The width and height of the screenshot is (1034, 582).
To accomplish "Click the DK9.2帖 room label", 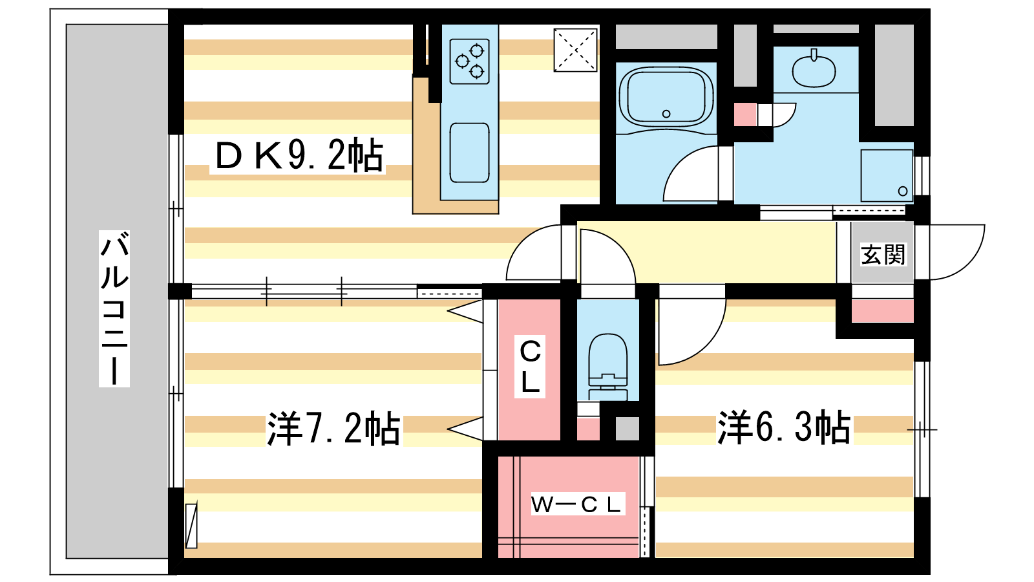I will point(298,156).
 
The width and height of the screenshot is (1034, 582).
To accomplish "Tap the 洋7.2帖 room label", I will point(333,428).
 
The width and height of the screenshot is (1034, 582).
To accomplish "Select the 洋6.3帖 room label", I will point(784,427).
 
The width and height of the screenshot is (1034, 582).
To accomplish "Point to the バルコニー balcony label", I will point(114,308).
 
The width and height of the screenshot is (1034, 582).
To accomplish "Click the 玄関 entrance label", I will point(883,254).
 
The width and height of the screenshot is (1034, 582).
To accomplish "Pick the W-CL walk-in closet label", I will point(576,504).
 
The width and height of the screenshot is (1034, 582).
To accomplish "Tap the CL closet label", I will point(530,367).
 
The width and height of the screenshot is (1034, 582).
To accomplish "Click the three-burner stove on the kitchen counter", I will point(470,60).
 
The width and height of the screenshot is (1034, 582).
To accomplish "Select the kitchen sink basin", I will point(469,153).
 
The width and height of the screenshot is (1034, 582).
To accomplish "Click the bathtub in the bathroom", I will point(666,97).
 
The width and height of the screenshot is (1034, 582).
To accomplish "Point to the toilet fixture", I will point(608,365).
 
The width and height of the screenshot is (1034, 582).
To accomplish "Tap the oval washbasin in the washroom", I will point(814,70).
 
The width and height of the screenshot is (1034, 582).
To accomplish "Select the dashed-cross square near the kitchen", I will point(575,50).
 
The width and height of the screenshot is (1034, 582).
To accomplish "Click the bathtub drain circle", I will point(666,114).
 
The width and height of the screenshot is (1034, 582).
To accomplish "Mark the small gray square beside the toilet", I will point(627,429).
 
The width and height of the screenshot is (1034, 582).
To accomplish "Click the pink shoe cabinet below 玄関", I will point(882,311).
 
